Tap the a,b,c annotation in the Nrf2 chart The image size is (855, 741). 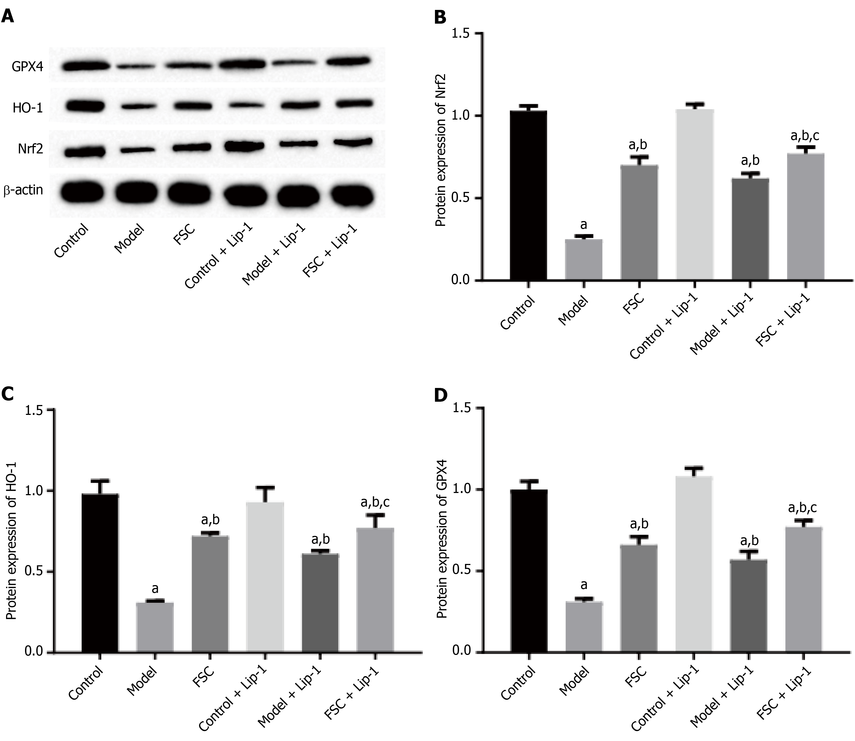(x=805, y=136)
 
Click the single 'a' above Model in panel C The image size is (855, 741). (x=155, y=588)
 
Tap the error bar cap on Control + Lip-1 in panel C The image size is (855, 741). (x=265, y=487)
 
